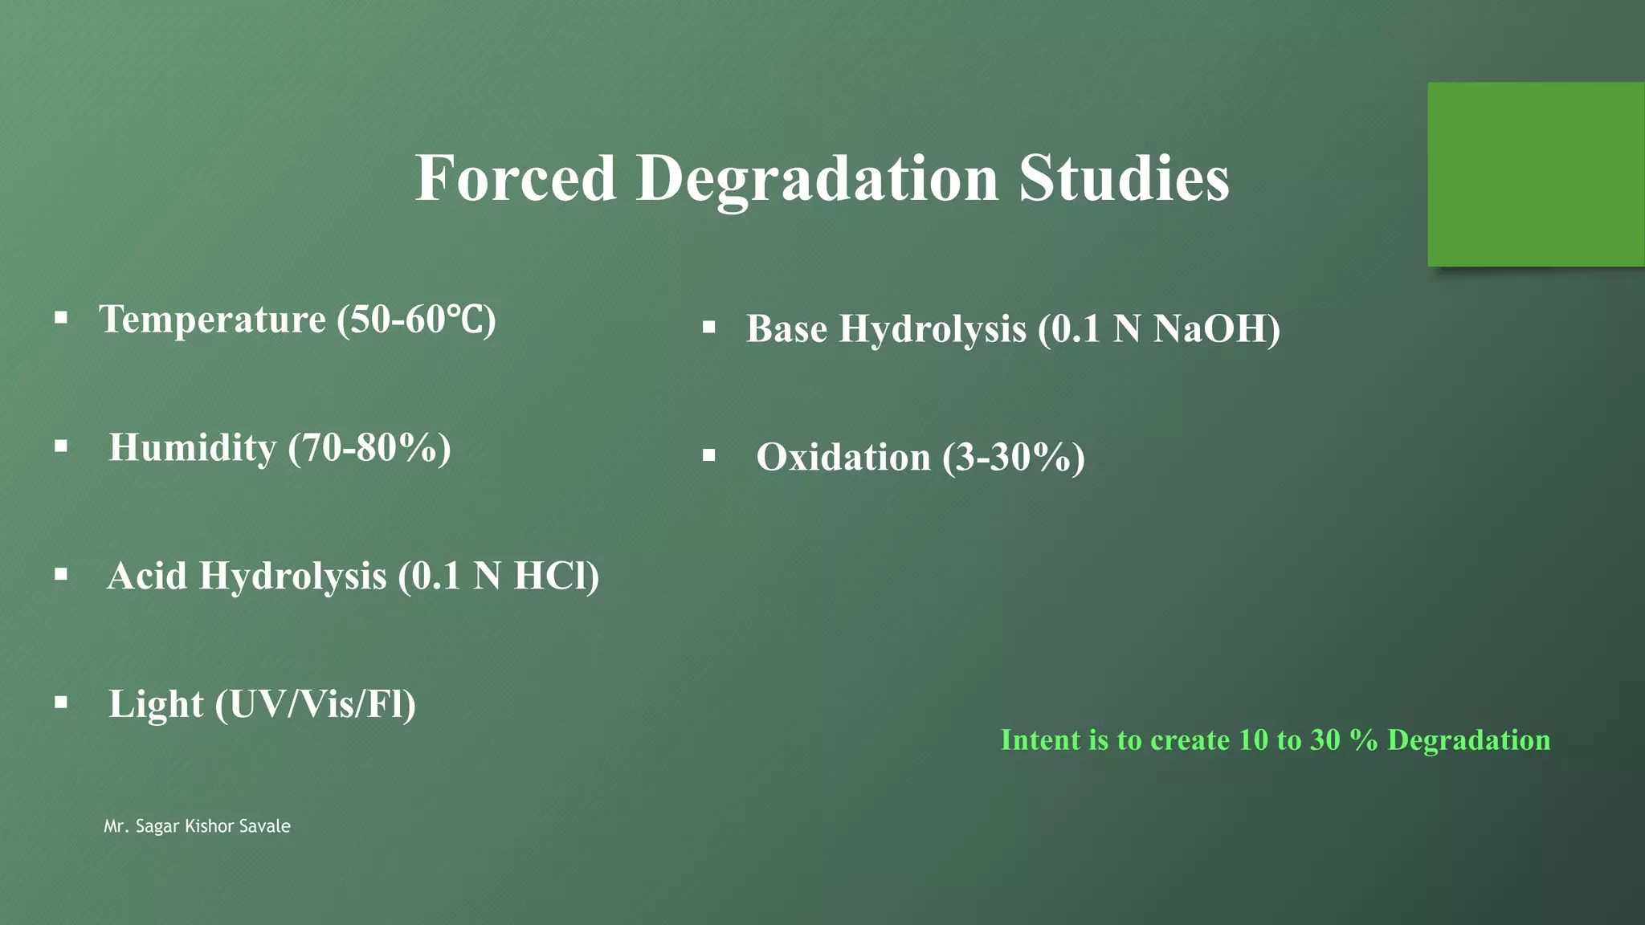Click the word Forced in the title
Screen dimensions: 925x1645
point(515,178)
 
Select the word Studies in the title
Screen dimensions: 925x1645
point(1124,178)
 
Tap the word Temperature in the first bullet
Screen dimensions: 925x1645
point(212,320)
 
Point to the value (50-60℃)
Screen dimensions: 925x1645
point(416,320)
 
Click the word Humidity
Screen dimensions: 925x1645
point(193,447)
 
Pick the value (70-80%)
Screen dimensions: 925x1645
point(369,447)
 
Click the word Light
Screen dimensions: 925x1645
point(156,704)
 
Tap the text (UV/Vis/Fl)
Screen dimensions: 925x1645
point(315,704)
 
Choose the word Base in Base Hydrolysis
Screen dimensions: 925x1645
point(786,328)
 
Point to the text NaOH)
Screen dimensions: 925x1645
point(1216,328)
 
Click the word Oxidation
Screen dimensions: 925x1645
point(843,457)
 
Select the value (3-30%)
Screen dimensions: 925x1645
point(1014,457)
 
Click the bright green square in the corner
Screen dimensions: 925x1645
point(1535,173)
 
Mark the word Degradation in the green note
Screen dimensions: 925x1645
point(1468,740)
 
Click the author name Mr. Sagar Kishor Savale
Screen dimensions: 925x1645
point(197,826)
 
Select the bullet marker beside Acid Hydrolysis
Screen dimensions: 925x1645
point(61,574)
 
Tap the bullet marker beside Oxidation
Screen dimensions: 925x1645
point(708,455)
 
